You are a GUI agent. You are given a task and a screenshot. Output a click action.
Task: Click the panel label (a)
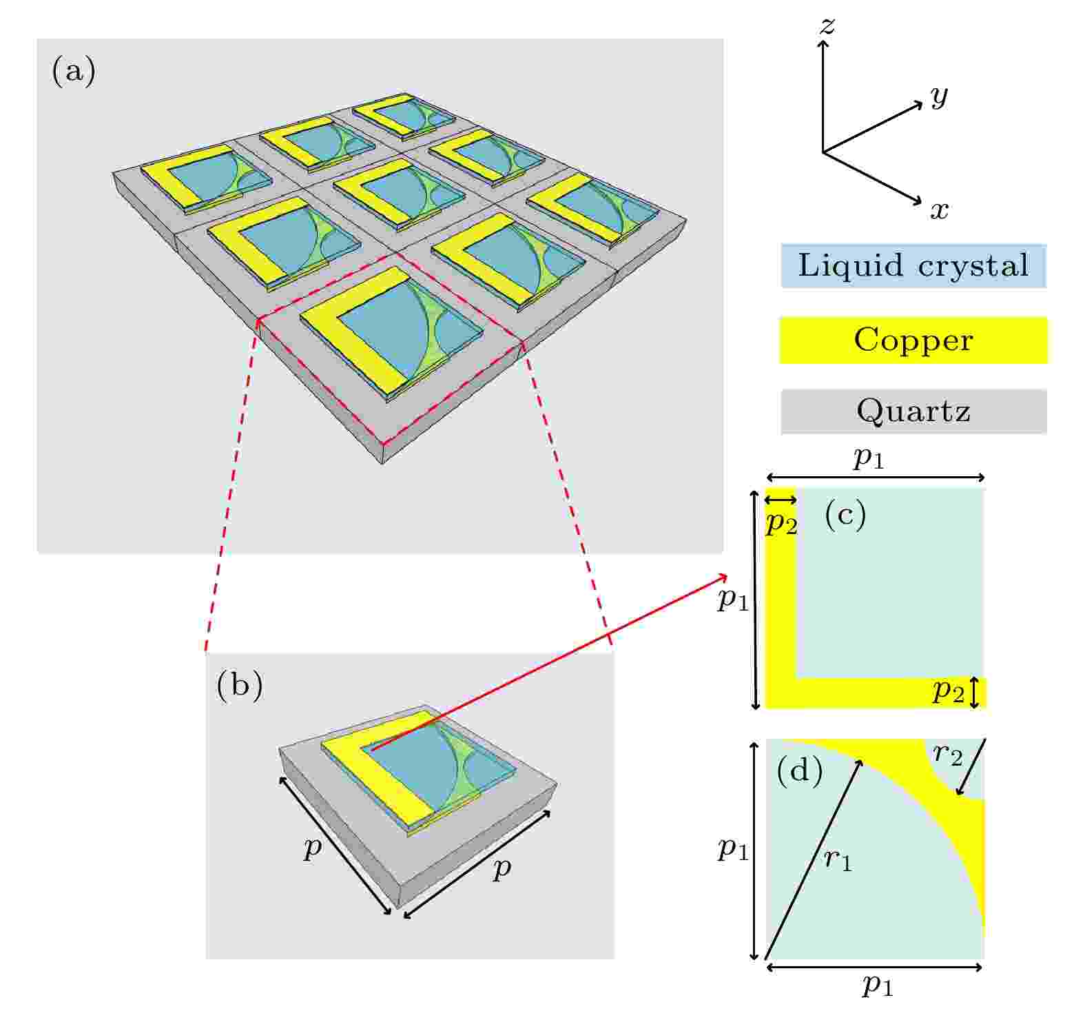click(74, 71)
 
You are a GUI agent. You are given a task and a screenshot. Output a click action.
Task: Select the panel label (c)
click(845, 515)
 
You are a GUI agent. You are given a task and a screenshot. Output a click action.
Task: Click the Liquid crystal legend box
click(913, 265)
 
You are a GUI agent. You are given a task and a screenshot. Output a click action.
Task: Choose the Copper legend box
click(913, 340)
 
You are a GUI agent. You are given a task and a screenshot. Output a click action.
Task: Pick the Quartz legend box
click(913, 411)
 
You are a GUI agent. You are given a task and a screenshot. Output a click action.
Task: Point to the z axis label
click(826, 26)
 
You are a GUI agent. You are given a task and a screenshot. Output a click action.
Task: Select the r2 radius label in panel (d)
click(947, 755)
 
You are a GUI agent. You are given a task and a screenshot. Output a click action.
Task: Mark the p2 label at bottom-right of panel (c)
click(948, 691)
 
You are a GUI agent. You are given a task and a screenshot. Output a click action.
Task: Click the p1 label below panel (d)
click(878, 986)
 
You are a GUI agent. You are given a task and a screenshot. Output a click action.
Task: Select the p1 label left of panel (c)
click(733, 600)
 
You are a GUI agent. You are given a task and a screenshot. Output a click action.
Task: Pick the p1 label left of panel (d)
click(733, 849)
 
